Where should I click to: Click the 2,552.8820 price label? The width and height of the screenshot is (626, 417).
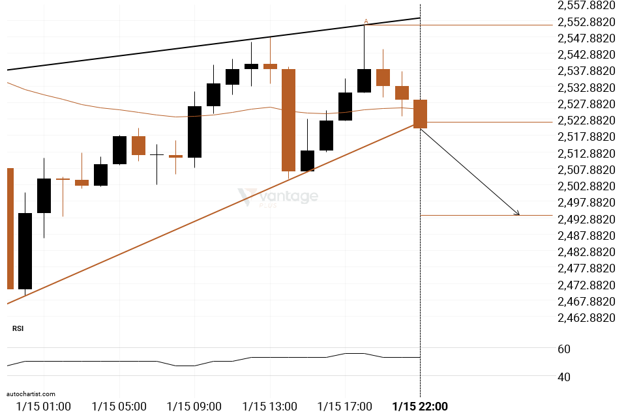point(586,22)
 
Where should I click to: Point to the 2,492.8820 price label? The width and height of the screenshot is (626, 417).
point(586,220)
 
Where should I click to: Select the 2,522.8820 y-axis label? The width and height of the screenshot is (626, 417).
point(586,121)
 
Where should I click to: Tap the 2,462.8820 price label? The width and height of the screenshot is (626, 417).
point(586,318)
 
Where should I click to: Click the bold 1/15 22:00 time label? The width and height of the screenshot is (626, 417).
point(420,407)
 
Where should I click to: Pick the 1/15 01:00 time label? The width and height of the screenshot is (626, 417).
point(44,407)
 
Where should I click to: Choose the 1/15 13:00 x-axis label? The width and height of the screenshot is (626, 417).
point(270,407)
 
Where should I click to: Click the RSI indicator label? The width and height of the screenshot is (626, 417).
point(18,328)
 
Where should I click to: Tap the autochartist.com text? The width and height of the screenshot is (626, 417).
point(31,394)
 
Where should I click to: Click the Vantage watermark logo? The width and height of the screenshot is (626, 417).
point(278,197)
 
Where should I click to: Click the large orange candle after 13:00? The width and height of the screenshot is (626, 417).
point(289,120)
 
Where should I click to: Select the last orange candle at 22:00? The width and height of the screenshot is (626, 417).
point(421,114)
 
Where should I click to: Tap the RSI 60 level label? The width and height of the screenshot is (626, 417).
point(564,349)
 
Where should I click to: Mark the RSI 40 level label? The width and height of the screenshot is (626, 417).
point(564,377)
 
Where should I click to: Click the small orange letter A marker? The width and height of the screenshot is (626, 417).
point(366,21)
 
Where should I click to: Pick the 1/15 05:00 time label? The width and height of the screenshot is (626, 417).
point(119,407)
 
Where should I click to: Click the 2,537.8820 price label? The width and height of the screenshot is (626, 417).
point(586,71)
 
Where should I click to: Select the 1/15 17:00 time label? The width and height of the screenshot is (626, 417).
point(344,407)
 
